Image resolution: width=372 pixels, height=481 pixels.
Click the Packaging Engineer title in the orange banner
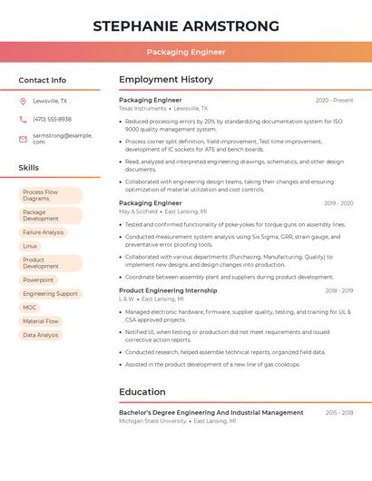click(x=186, y=53)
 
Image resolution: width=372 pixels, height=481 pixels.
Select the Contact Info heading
click(x=43, y=80)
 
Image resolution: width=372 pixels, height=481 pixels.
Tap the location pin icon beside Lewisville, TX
click(x=23, y=102)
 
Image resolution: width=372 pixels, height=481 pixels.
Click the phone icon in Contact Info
click(x=23, y=119)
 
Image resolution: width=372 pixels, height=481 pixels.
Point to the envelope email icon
click(x=23, y=139)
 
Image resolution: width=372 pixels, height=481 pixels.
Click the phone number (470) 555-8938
click(x=52, y=119)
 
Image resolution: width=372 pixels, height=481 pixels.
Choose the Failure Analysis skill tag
click(x=44, y=232)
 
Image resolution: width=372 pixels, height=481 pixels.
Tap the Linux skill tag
click(x=31, y=246)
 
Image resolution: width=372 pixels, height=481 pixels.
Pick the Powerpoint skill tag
click(x=39, y=280)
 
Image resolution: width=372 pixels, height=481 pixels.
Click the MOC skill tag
click(x=30, y=308)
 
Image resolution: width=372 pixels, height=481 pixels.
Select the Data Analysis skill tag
click(x=41, y=335)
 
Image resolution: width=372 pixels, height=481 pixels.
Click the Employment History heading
click(x=166, y=80)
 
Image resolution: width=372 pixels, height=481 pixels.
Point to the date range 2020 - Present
click(x=334, y=100)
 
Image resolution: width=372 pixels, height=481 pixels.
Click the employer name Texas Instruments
click(x=142, y=108)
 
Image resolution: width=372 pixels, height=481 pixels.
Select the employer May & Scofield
click(x=138, y=211)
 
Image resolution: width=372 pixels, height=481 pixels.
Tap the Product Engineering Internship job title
click(x=168, y=290)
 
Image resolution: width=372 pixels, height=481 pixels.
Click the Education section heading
click(x=142, y=392)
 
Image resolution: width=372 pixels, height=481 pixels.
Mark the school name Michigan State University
click(x=152, y=421)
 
